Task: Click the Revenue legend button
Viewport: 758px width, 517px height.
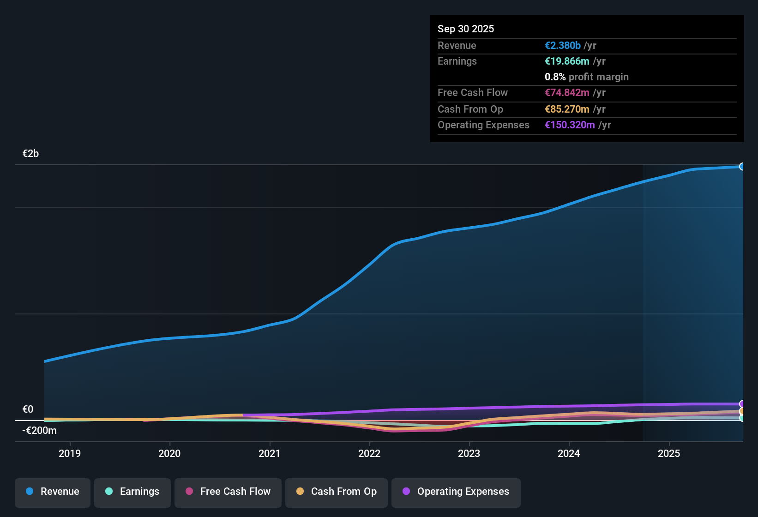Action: [53, 492]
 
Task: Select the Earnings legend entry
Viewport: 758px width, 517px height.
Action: [132, 492]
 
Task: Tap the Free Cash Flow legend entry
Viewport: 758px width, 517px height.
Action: [228, 492]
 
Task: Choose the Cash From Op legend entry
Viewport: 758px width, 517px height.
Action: [337, 492]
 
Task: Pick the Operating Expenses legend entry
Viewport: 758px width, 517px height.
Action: [456, 492]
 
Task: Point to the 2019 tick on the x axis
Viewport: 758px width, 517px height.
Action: [70, 453]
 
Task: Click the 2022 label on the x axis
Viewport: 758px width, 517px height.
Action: [369, 453]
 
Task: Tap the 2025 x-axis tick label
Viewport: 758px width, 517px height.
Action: [668, 453]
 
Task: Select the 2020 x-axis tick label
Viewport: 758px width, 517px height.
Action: [169, 453]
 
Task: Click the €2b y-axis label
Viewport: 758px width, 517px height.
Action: [30, 154]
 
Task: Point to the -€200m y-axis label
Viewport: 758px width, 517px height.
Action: [39, 431]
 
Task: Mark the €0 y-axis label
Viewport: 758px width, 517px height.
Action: [28, 409]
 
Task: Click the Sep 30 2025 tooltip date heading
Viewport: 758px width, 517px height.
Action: [465, 29]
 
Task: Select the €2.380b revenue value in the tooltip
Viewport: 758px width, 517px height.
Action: [563, 46]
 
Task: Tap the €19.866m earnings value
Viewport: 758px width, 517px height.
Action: [567, 61]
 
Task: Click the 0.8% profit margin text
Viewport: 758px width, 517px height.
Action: [586, 77]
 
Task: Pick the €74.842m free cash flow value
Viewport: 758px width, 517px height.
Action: [567, 93]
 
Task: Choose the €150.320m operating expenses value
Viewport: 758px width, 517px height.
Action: [570, 125]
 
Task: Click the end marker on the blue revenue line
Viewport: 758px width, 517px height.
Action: [742, 167]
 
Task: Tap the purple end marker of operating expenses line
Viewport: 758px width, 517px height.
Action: [742, 404]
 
